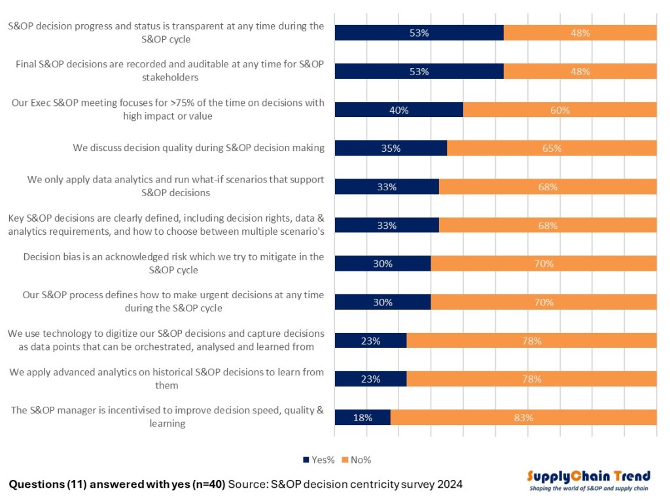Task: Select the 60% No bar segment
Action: click(x=559, y=110)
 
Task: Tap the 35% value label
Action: click(x=391, y=148)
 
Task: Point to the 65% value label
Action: click(x=552, y=148)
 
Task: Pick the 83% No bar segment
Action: click(x=523, y=417)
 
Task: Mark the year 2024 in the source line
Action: click(x=450, y=485)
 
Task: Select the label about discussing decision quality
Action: click(x=198, y=148)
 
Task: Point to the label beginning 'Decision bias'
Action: click(x=173, y=263)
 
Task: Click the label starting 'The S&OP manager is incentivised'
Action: click(x=167, y=417)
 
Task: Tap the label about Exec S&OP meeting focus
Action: click(x=167, y=109)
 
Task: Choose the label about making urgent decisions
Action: click(x=173, y=301)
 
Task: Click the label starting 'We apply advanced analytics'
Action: click(x=167, y=379)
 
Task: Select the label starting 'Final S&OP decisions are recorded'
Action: click(x=167, y=71)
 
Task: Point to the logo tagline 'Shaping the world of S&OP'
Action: click(x=589, y=489)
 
